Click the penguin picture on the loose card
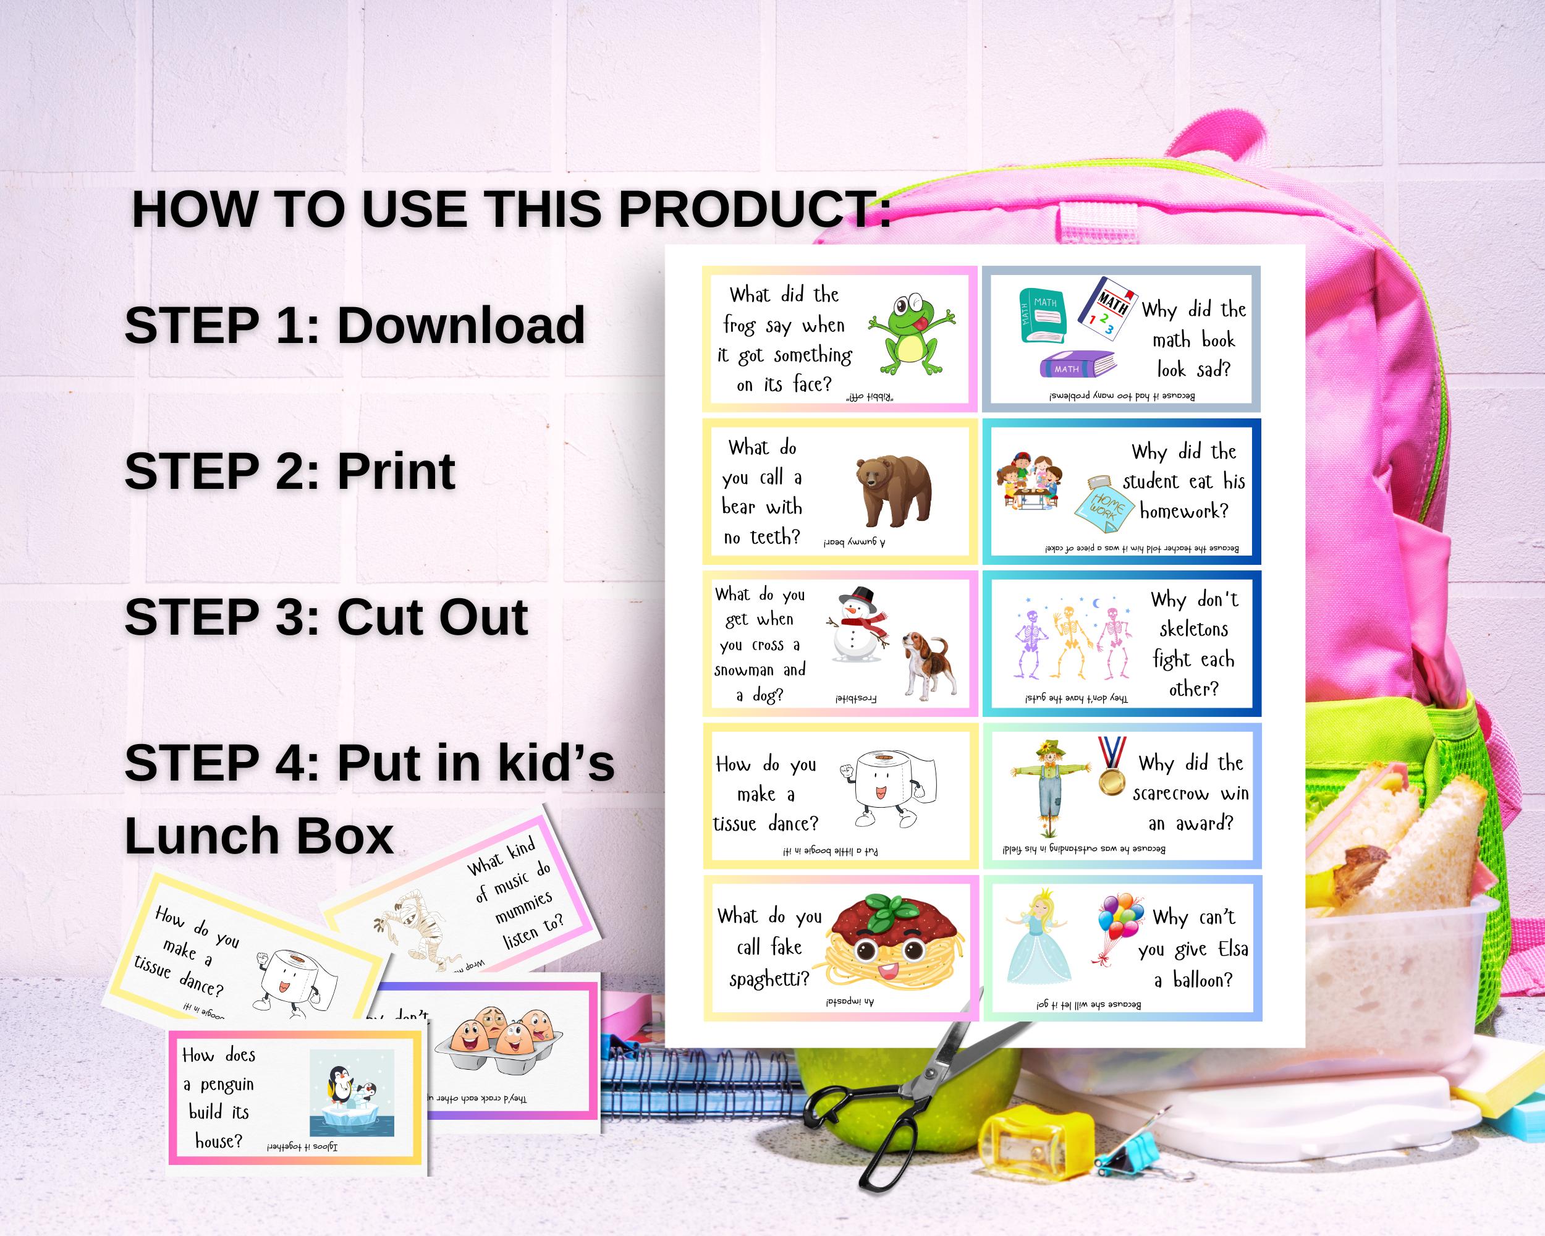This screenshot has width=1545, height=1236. pyautogui.click(x=351, y=1093)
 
